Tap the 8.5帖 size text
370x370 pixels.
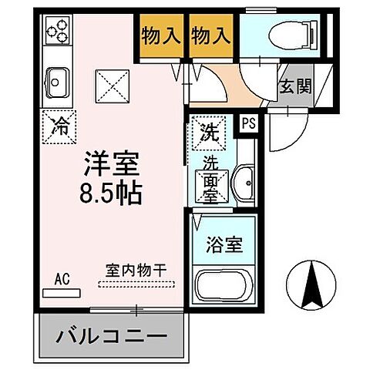(111, 192)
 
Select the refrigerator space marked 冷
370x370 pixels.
(59, 126)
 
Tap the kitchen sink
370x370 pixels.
(58, 79)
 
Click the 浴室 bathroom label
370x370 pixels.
(224, 247)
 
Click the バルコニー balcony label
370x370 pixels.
(111, 337)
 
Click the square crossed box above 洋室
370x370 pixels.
(112, 85)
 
